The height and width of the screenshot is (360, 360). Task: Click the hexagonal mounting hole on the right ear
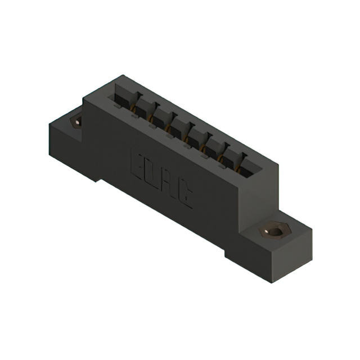click(274, 231)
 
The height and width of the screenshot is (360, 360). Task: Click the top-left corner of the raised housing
click(84, 100)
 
